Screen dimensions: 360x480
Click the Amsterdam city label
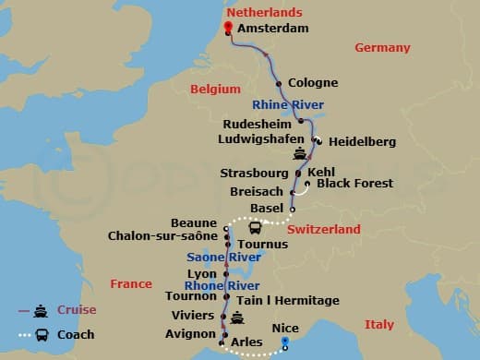pos(272,30)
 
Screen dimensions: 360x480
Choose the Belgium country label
pos(215,89)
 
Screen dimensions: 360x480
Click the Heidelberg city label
pos(362,141)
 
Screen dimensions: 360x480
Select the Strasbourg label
pos(254,173)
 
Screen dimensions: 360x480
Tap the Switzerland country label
pos(323,228)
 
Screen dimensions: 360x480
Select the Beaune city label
pos(195,223)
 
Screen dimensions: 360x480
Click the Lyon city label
pos(202,274)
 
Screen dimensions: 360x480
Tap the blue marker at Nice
pos(286,342)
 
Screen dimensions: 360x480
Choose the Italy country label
pos(378,324)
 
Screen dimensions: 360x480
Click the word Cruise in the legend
pos(77,310)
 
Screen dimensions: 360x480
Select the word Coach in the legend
pos(76,334)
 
